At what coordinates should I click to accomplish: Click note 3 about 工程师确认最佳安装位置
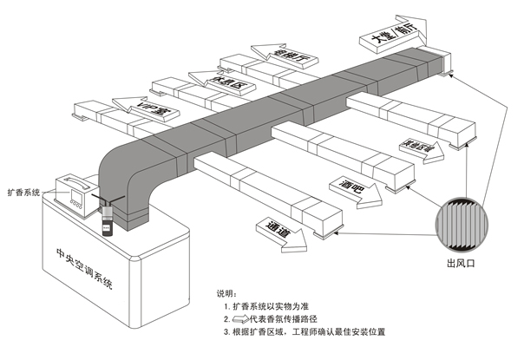[x=304, y=331]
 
